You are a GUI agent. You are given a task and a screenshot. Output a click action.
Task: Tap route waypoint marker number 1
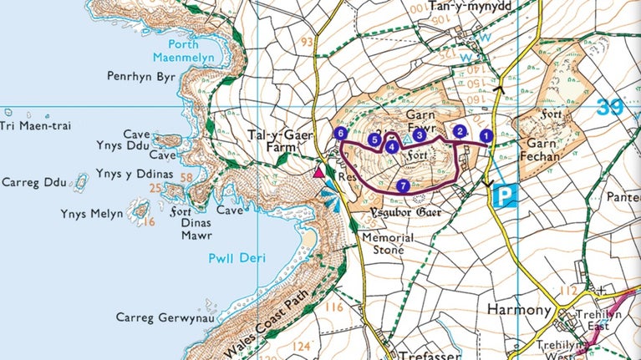tap(486, 135)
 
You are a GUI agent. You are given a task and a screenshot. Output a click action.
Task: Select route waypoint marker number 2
tap(459, 130)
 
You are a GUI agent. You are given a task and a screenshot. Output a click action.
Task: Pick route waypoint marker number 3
tap(420, 134)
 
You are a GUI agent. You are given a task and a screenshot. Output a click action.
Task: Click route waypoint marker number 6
tap(339, 133)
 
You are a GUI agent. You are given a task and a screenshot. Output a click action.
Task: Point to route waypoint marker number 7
tap(404, 185)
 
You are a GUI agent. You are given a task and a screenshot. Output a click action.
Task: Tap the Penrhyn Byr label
tap(140, 76)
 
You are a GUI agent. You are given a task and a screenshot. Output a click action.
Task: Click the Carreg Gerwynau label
tap(159, 318)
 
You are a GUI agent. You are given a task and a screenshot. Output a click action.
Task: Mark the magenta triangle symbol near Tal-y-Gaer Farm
tap(318, 173)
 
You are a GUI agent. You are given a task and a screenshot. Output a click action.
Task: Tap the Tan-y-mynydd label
tap(469, 7)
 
